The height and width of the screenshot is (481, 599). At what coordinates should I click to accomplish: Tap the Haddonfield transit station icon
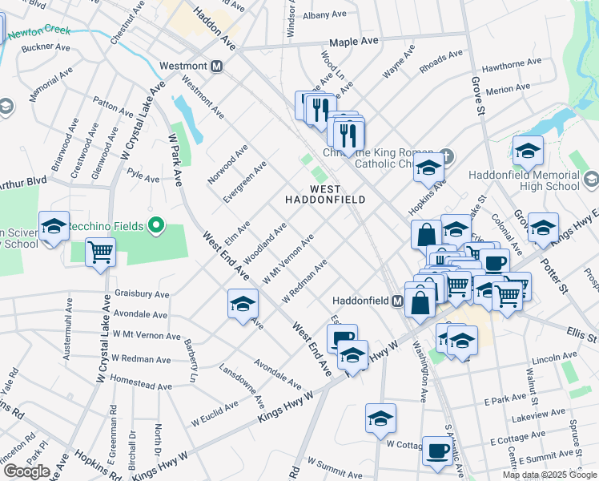[x=396, y=301]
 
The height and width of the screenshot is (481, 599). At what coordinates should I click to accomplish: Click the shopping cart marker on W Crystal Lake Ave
[x=101, y=253]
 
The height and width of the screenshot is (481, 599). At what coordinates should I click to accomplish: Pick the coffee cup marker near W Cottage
[x=436, y=451]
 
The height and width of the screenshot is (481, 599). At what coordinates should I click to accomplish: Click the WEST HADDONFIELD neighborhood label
[x=326, y=192]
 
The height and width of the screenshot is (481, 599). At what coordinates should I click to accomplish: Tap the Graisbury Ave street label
[x=144, y=293]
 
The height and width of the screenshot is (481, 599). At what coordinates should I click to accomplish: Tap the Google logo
[x=26, y=471]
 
